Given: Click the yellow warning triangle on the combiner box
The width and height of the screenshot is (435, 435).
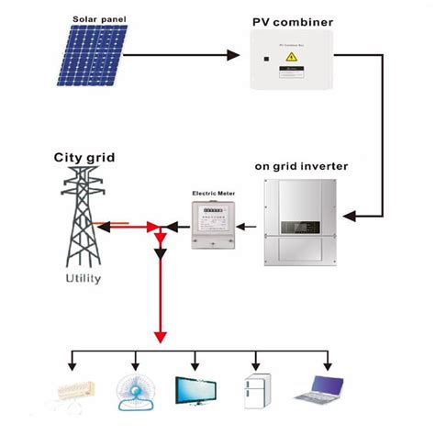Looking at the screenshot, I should [292, 57].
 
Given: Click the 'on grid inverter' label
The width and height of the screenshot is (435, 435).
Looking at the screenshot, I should [303, 168].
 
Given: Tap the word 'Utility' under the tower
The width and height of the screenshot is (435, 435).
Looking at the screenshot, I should [84, 277].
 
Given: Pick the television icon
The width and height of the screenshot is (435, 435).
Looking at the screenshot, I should [195, 390].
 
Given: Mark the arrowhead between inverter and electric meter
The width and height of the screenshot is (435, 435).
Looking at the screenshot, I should [250, 225].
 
